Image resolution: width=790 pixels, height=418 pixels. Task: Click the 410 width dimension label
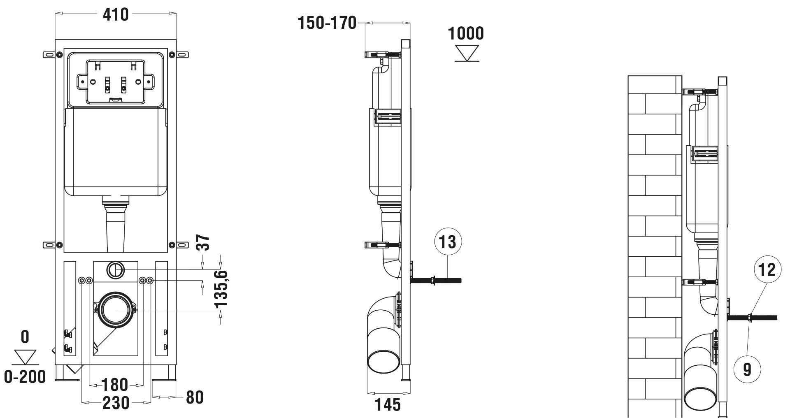coord(116,15)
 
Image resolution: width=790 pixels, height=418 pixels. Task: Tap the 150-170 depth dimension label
coord(327,23)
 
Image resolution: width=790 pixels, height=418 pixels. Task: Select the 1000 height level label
coord(466,33)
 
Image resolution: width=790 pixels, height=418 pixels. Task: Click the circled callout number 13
coord(448,242)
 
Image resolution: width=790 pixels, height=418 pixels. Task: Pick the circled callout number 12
coord(767,269)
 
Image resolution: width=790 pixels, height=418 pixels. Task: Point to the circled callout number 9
coord(747,369)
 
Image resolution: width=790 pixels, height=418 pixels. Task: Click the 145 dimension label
coord(388,404)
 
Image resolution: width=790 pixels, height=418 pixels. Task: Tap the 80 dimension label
coord(195,397)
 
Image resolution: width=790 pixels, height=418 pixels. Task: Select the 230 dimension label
coord(116,403)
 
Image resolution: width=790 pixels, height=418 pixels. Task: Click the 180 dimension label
coord(114,385)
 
